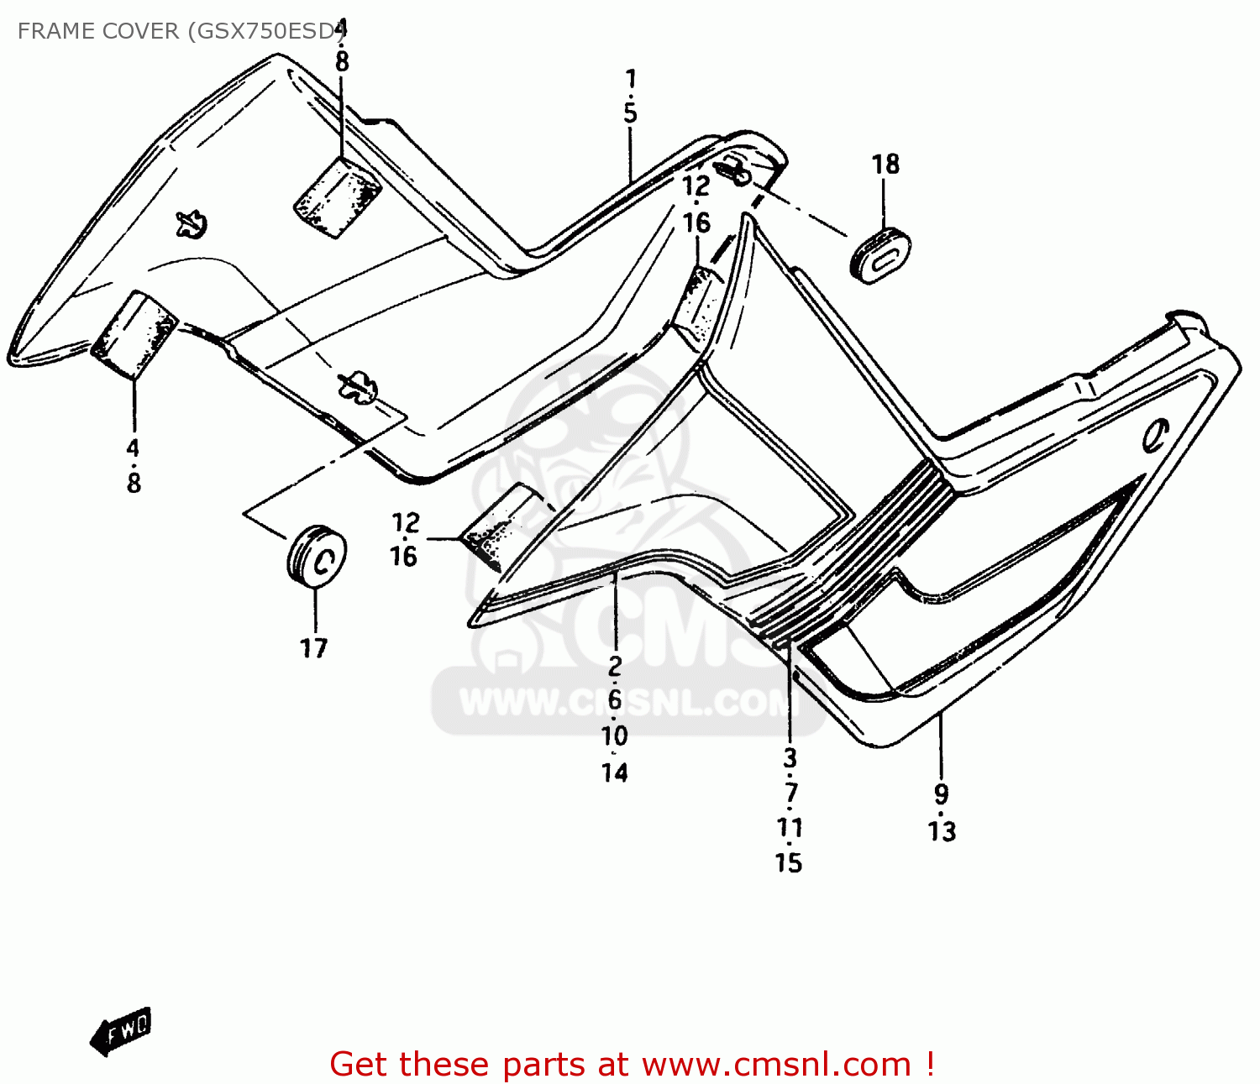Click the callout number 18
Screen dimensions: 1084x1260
tap(885, 165)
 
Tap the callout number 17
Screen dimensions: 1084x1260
tap(313, 648)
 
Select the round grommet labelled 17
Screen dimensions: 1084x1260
tap(317, 554)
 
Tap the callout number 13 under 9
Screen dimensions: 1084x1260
tap(942, 831)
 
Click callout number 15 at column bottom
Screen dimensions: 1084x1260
tap(788, 863)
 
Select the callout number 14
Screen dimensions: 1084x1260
tap(615, 772)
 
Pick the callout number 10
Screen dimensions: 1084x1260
tap(615, 736)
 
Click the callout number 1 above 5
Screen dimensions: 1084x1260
tap(631, 79)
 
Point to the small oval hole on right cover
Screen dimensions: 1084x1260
tap(1156, 434)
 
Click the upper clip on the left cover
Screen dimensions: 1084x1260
tap(192, 224)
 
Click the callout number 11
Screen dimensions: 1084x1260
tap(790, 828)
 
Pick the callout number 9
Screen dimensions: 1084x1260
tap(942, 794)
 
